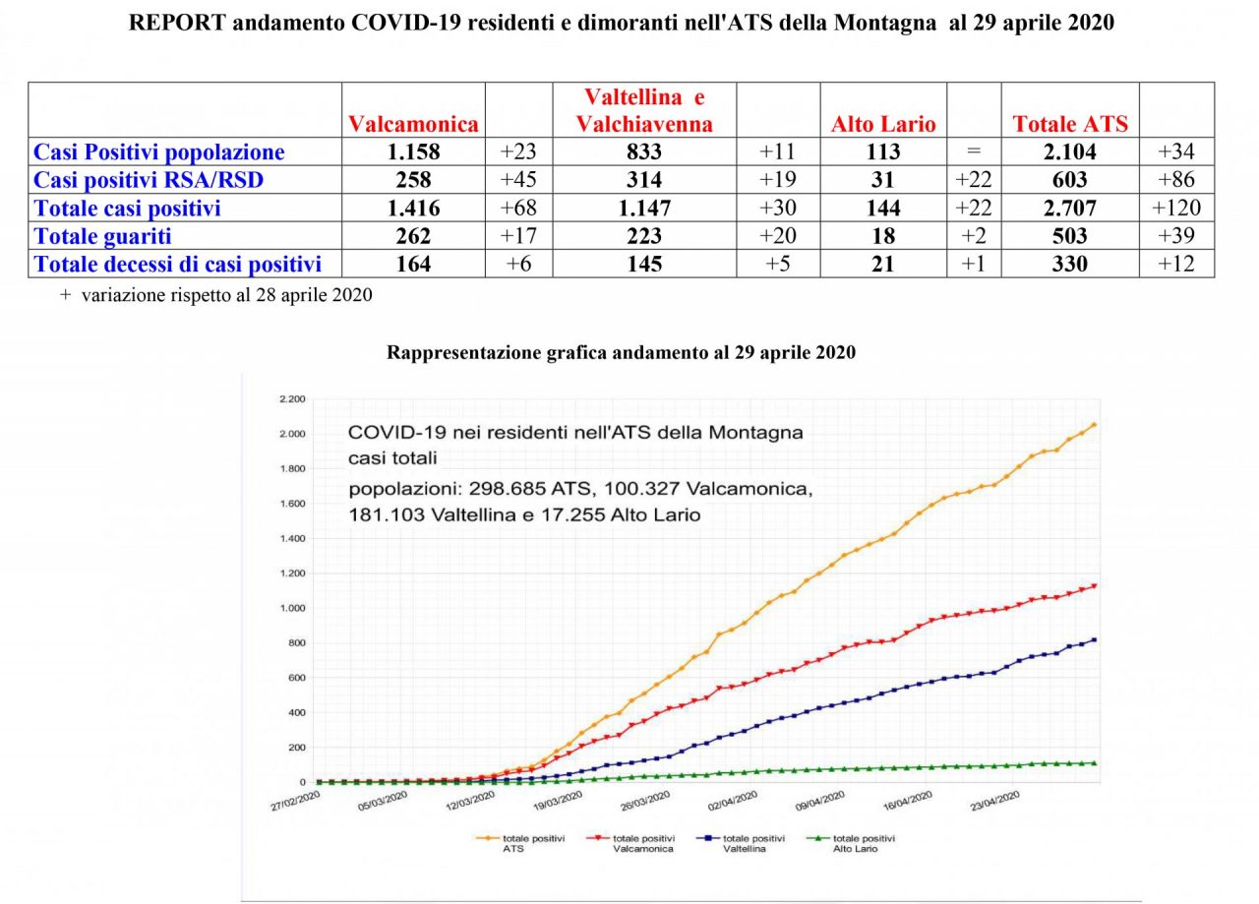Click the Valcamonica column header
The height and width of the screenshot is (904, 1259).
pyautogui.click(x=413, y=124)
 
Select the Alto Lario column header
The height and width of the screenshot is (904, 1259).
pyautogui.click(x=883, y=124)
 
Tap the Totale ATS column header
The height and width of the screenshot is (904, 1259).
pyautogui.click(x=1070, y=124)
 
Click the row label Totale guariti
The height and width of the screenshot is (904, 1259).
pyautogui.click(x=102, y=236)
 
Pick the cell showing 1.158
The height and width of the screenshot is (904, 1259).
pyautogui.click(x=413, y=152)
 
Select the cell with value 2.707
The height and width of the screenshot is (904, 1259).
pyautogui.click(x=1070, y=209)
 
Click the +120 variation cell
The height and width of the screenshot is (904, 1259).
pyautogui.click(x=1175, y=209)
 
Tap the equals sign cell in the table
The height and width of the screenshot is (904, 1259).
pyautogui.click(x=973, y=152)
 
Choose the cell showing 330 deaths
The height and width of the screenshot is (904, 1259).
pyautogui.click(x=1070, y=265)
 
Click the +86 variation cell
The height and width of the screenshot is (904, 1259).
pyautogui.click(x=1175, y=180)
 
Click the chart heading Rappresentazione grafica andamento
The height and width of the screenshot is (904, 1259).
pyautogui.click(x=621, y=352)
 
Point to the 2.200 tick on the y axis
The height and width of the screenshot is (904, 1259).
pyautogui.click(x=294, y=399)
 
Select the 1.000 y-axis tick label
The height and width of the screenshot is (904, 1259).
pyautogui.click(x=294, y=609)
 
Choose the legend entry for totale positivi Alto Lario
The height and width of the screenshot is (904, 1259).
pyautogui.click(x=866, y=842)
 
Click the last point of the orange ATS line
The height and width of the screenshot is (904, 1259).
pyautogui.click(x=1094, y=425)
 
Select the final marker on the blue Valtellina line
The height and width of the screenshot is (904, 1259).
pyautogui.click(x=1094, y=640)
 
